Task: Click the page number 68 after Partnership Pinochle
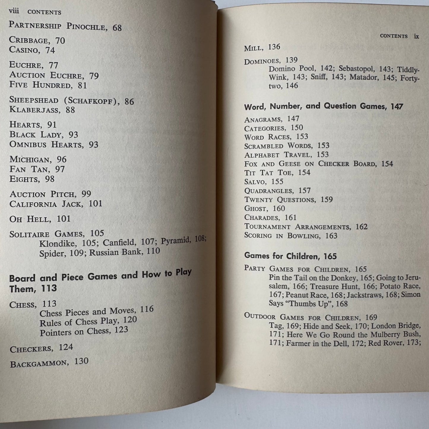coord(117,28)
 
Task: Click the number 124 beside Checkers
coord(66,347)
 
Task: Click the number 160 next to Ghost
coord(279,208)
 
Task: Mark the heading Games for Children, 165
coord(290,256)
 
